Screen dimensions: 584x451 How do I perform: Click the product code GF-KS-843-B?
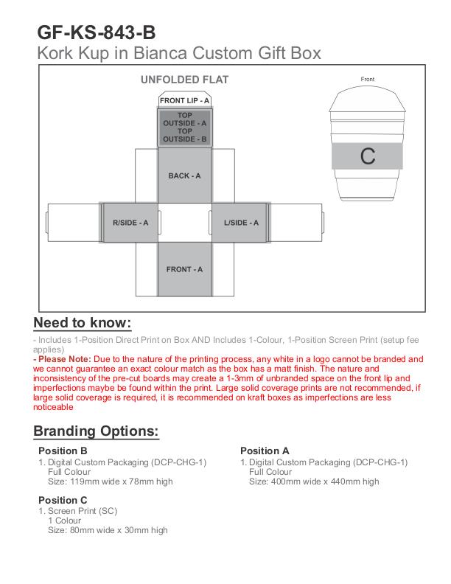(97, 32)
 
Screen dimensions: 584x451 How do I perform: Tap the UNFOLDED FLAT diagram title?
(184, 80)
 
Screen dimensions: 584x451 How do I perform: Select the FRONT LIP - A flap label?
(184, 100)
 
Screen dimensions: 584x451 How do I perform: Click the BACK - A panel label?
(184, 175)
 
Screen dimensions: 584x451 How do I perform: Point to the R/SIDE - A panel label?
(130, 223)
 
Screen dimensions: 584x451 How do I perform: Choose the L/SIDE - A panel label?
(241, 223)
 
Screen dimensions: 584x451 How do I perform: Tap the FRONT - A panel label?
(184, 269)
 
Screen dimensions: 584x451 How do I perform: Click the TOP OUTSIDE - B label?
(184, 135)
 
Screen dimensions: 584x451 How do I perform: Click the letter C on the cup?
(368, 156)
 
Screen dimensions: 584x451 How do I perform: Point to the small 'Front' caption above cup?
(368, 79)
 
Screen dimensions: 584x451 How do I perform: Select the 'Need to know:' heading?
(83, 323)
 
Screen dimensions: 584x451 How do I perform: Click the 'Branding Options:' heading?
(97, 431)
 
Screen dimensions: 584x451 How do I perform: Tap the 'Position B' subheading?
(63, 451)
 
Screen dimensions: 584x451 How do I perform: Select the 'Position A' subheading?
(265, 451)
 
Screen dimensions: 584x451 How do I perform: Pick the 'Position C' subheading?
(63, 500)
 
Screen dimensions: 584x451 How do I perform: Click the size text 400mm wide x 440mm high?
(314, 482)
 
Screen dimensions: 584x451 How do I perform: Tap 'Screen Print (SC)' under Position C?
(83, 510)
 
